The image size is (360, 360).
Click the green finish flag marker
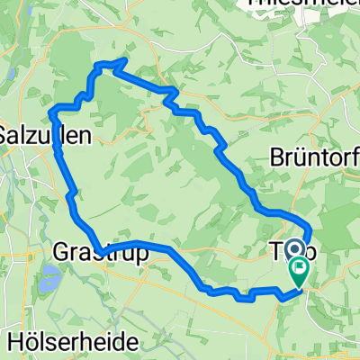(298, 267)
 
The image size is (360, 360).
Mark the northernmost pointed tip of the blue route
(122, 60)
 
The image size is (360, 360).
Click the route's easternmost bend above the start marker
(311, 229)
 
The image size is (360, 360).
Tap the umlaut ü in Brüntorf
(301, 157)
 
